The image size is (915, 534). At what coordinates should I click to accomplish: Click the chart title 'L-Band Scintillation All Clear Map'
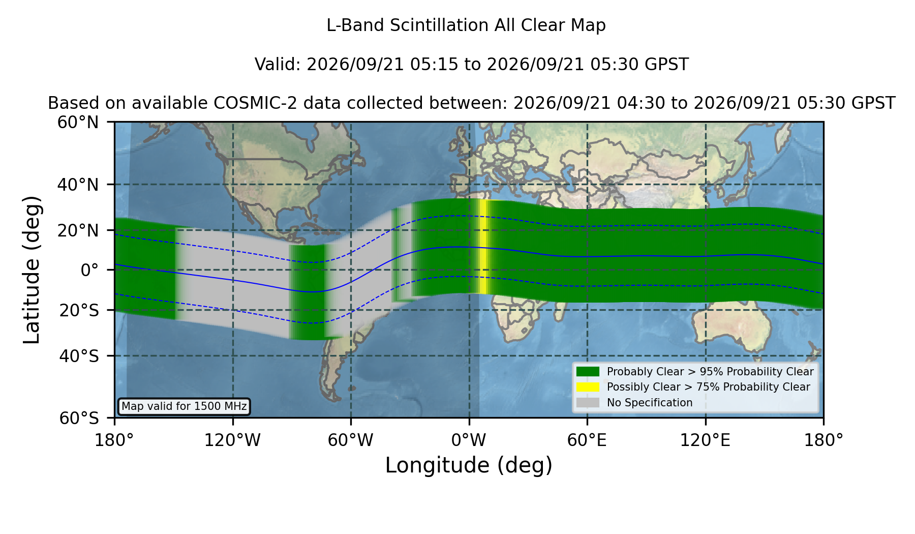466,25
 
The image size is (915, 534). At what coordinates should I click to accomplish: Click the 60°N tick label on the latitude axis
78,123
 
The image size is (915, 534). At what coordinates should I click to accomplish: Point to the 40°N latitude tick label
78,185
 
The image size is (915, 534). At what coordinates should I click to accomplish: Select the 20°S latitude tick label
79,310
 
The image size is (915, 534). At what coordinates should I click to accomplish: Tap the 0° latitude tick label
89,270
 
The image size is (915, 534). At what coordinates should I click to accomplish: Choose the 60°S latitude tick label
79,418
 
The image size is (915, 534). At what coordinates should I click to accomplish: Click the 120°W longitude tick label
232,440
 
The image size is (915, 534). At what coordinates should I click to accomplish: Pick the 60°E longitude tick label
587,440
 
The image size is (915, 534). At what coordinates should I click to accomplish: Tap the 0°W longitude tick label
469,440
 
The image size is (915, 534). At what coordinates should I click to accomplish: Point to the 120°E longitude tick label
705,440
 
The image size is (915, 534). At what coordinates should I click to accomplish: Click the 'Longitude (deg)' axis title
469,465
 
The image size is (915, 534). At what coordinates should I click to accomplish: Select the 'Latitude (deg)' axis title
32,270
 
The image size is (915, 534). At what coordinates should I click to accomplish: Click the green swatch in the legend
588,372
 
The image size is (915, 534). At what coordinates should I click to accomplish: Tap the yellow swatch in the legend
588,387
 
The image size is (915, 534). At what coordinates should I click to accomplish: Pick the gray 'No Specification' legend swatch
588,403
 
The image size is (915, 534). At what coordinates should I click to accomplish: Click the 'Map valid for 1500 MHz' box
184,406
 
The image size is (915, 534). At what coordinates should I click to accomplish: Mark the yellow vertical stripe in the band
483,247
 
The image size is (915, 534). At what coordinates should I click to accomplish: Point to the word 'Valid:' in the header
279,65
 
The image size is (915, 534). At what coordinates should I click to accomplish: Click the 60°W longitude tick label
351,440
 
